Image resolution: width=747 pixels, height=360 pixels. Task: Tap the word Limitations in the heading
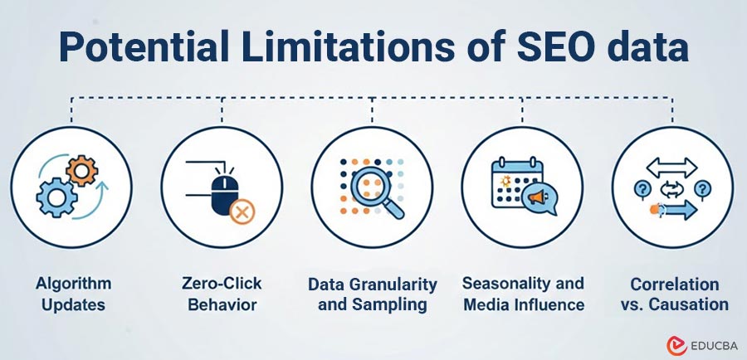pos(332,48)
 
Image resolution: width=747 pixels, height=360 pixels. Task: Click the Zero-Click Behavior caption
pos(222,294)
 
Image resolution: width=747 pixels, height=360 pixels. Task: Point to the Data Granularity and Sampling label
pos(373,294)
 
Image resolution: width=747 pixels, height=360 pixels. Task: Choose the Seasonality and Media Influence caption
pos(523,294)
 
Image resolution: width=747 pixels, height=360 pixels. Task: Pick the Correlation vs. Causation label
pos(673,294)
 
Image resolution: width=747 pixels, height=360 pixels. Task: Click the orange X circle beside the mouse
pos(242,214)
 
